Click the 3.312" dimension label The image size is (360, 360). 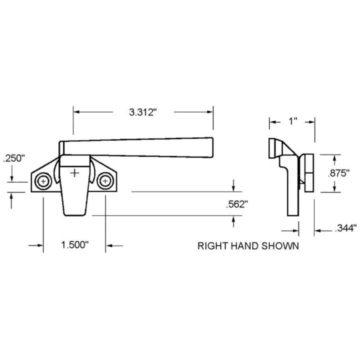pos(143,112)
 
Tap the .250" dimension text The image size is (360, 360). pos(13,158)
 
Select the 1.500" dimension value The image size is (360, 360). pos(75,245)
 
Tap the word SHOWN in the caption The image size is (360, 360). pos(280,246)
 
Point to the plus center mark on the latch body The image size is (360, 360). pos(75,173)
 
